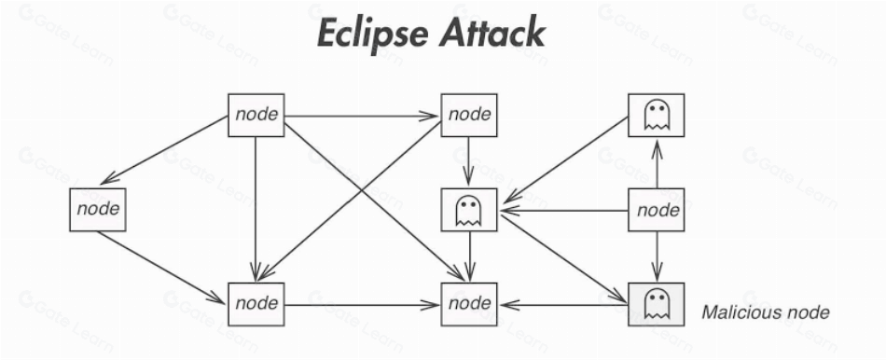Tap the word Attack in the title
(x=493, y=35)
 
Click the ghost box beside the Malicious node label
(x=657, y=303)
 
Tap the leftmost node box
(x=97, y=210)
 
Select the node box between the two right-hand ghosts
(x=657, y=210)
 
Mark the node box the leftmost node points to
(x=256, y=304)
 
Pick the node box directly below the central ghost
(x=469, y=304)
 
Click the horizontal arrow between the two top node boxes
(x=362, y=117)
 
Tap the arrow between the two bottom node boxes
(x=362, y=304)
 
